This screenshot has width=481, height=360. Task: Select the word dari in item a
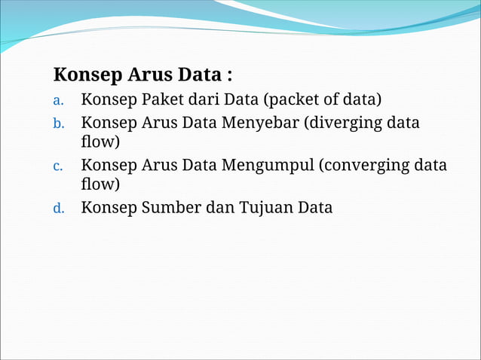coord(206,100)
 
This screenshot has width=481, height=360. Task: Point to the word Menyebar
coord(259,123)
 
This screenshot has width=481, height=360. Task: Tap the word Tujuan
coord(264,207)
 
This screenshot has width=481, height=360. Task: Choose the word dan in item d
coord(219,207)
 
